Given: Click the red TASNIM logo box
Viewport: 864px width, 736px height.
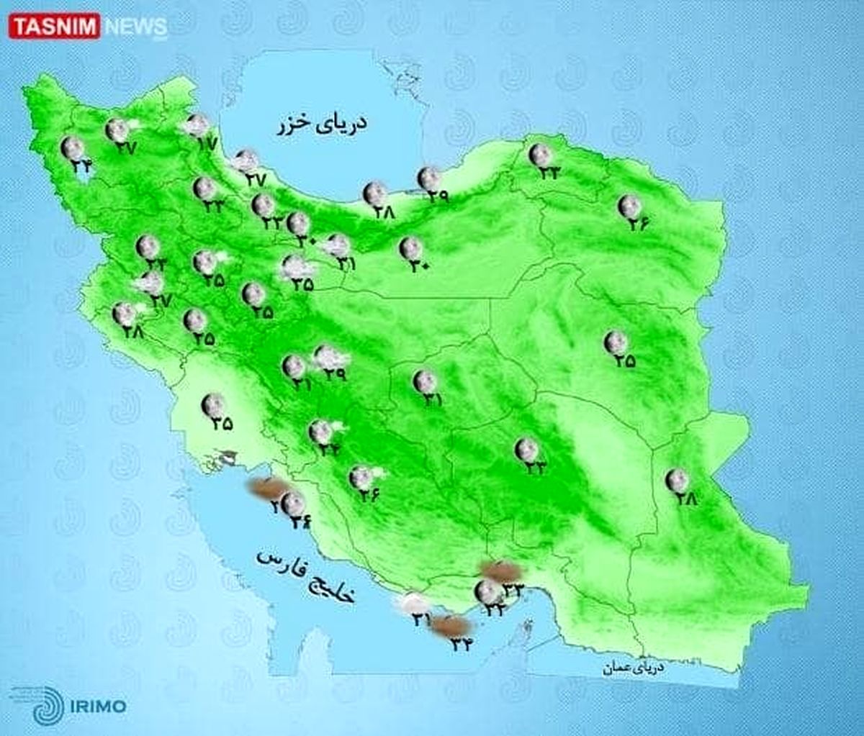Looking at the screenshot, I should click(x=53, y=27).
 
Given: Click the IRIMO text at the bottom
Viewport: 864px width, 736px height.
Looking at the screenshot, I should click(x=99, y=705).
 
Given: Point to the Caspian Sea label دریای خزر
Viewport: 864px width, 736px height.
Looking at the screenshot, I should click(x=323, y=124).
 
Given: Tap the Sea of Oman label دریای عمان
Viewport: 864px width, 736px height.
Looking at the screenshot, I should click(x=634, y=668).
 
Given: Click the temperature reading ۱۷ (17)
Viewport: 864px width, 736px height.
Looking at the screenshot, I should click(x=206, y=143).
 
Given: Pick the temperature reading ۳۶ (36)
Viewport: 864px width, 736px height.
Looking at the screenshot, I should click(x=369, y=495).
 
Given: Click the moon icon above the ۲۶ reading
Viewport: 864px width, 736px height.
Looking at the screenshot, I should click(x=629, y=206).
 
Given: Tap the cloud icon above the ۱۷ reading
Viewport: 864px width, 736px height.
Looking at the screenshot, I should click(x=195, y=124).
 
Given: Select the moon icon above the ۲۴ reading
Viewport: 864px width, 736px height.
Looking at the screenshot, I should click(x=72, y=148).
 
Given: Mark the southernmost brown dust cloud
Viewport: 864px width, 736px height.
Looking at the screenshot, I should click(x=451, y=626).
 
